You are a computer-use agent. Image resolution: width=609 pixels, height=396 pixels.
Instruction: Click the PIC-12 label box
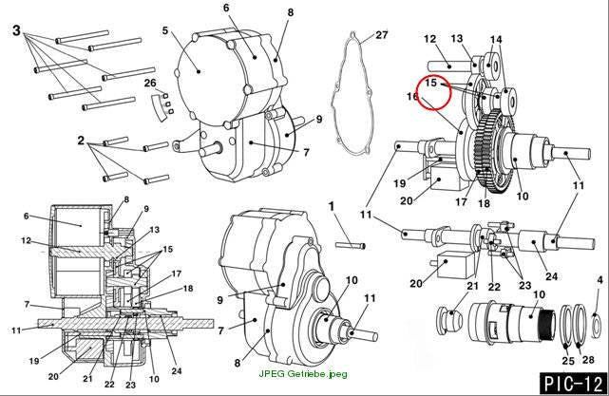click(x=573, y=384)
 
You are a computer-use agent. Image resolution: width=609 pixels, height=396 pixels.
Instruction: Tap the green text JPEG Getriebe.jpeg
click(x=303, y=374)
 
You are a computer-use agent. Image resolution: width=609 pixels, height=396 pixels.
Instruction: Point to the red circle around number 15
click(x=434, y=92)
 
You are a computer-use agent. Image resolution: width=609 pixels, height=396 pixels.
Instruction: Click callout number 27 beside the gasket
click(x=381, y=35)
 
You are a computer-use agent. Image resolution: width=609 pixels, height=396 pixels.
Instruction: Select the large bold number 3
click(x=16, y=30)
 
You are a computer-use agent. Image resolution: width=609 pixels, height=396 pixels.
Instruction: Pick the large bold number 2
click(x=81, y=141)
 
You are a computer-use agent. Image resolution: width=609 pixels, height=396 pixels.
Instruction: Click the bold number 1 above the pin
click(x=332, y=206)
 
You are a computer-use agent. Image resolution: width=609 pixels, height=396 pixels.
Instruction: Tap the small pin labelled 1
click(x=350, y=245)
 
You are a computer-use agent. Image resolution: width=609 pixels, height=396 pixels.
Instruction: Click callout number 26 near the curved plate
click(x=150, y=83)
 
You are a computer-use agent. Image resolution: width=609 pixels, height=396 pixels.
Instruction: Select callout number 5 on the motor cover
click(x=165, y=30)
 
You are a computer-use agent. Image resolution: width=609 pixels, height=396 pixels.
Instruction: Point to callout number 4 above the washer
click(x=600, y=280)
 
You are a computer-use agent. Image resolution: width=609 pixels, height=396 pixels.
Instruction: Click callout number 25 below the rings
click(x=568, y=361)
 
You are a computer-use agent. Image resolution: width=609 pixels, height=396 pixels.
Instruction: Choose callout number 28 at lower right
click(x=588, y=360)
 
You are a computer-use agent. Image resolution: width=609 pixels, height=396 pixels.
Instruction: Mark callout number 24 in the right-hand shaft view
click(x=551, y=276)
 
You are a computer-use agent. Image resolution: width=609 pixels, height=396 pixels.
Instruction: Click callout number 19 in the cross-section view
click(x=34, y=361)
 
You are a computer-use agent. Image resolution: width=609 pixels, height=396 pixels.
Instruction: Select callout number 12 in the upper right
click(x=430, y=39)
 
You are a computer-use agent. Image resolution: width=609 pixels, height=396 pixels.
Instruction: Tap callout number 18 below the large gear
click(x=484, y=203)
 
